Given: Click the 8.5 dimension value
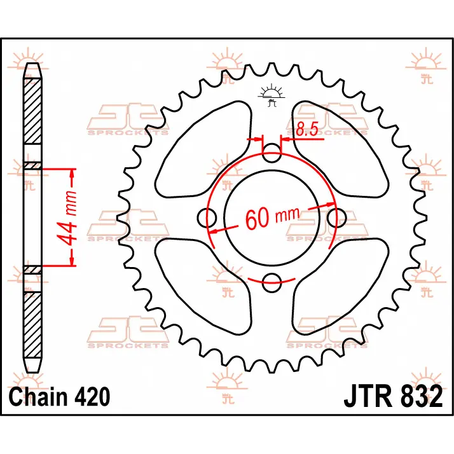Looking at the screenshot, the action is tap(307, 129).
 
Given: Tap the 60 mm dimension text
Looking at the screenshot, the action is tap(272, 217).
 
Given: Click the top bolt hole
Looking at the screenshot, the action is tap(272, 153).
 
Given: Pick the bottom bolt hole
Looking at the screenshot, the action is tap(272, 282).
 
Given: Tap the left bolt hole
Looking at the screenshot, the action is tap(207, 217).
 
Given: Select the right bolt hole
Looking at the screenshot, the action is tap(337, 217).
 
